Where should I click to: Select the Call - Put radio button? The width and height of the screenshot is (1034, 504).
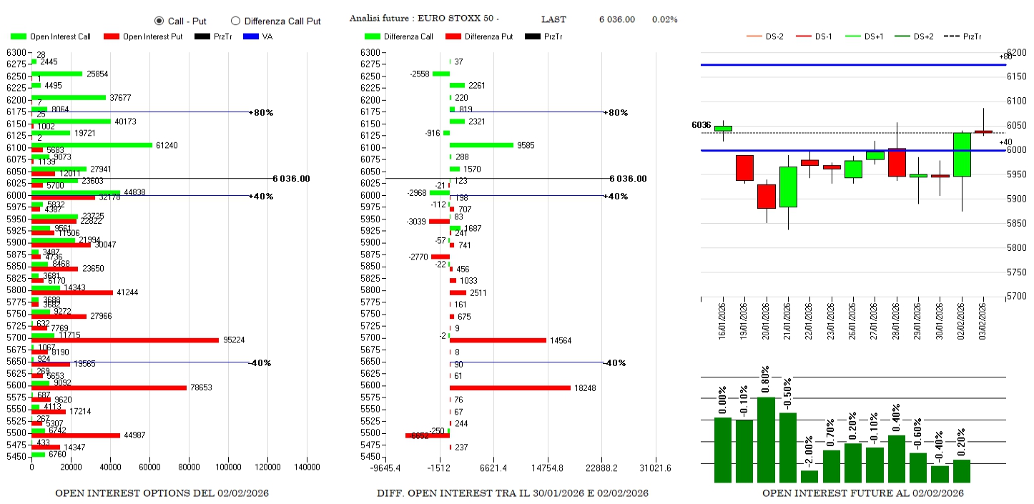(x=159, y=21)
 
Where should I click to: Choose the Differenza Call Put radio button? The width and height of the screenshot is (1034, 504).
(x=235, y=21)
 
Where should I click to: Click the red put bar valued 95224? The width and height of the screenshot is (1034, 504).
(x=125, y=340)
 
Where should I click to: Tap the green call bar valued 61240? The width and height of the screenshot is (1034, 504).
(x=92, y=145)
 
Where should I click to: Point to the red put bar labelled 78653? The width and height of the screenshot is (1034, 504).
(x=109, y=387)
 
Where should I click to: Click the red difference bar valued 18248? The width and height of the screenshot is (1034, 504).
(x=510, y=387)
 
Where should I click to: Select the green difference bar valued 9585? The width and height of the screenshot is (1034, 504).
(x=481, y=145)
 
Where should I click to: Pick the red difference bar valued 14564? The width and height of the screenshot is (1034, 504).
(x=498, y=340)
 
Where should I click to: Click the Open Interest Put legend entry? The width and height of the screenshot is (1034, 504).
(x=143, y=36)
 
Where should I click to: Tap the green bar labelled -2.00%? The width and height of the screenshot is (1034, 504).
(x=809, y=476)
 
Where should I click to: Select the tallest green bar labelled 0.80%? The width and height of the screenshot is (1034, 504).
(x=766, y=440)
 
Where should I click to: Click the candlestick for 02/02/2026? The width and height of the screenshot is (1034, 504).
(x=962, y=154)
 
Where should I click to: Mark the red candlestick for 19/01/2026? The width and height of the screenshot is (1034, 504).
(x=744, y=168)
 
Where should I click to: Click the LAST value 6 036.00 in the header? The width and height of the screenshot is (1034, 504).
(x=616, y=19)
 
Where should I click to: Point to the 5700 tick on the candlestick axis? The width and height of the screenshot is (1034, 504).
(x=1016, y=296)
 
